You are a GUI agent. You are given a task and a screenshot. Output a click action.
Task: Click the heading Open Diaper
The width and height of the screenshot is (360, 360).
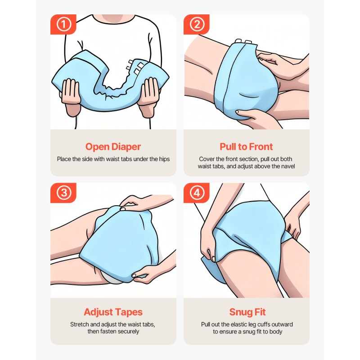pyautogui.click(x=113, y=147)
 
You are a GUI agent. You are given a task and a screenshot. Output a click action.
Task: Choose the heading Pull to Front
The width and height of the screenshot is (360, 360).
pyautogui.click(x=246, y=147)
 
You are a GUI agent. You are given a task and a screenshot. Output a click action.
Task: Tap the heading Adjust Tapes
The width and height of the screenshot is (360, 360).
pyautogui.click(x=113, y=312)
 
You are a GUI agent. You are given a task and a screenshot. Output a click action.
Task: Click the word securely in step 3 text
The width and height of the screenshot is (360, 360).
pyautogui.click(x=128, y=332)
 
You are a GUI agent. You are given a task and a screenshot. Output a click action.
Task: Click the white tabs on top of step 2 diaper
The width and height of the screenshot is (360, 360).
pyautogui.click(x=245, y=41)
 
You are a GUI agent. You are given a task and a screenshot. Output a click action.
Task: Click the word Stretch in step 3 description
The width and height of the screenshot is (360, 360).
pyautogui.click(x=80, y=324)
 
